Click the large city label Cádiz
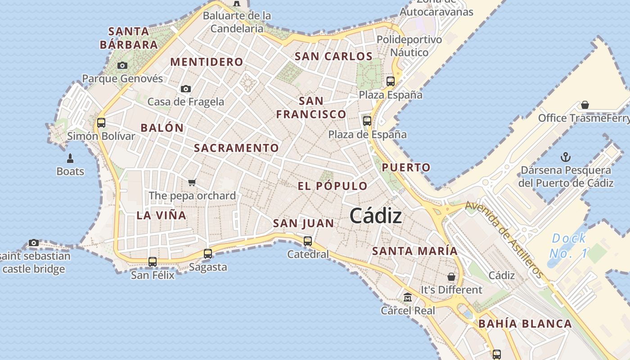click(x=376, y=216)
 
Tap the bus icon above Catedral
click(x=308, y=241)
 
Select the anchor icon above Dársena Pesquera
click(x=566, y=157)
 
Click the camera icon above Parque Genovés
click(x=122, y=65)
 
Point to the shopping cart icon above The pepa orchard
click(x=192, y=182)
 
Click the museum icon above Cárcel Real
click(x=408, y=297)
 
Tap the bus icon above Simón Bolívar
click(x=101, y=122)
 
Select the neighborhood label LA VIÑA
click(x=161, y=215)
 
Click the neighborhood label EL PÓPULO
click(x=333, y=186)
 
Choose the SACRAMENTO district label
click(x=236, y=148)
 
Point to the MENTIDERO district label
click(x=207, y=62)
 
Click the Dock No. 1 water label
click(x=569, y=246)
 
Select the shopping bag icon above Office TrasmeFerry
click(x=585, y=105)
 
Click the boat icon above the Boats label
click(x=70, y=158)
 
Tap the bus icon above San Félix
click(x=153, y=261)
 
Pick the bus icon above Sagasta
click(x=208, y=253)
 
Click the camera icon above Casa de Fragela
click(x=186, y=89)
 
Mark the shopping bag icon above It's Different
click(x=451, y=276)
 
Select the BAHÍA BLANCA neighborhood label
click(x=525, y=324)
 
